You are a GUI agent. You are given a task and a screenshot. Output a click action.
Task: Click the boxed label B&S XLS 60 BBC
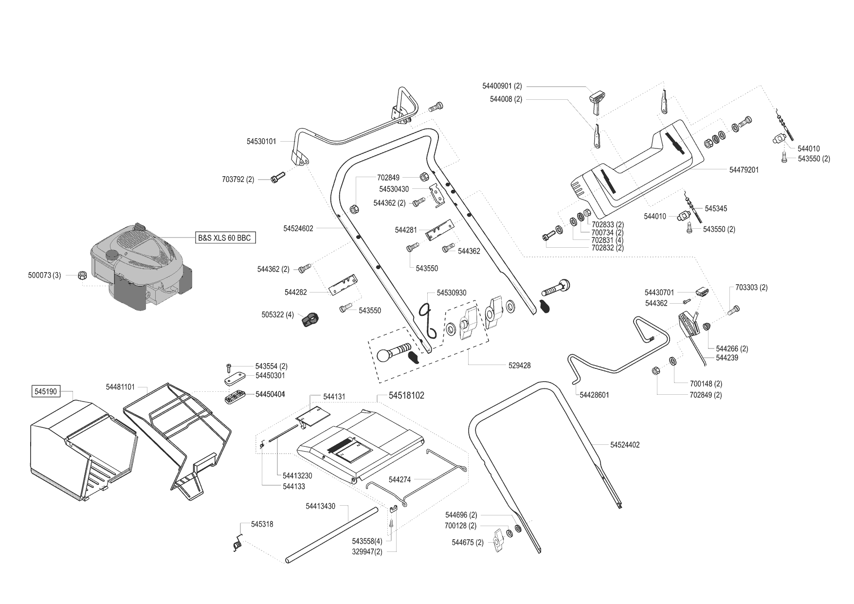[224, 238]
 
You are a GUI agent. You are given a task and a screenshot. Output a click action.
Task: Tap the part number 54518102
[406, 396]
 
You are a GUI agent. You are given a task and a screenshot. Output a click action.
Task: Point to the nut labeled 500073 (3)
[82, 275]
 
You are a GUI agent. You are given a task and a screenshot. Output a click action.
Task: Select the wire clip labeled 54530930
[428, 320]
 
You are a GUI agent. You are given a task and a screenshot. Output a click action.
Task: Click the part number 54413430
[320, 506]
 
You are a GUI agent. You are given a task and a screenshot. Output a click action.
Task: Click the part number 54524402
[625, 445]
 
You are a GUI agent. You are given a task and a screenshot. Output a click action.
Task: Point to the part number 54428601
[594, 395]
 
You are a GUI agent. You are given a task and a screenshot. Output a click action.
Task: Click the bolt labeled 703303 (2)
[734, 310]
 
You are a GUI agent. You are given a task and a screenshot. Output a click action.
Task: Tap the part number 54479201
[744, 170]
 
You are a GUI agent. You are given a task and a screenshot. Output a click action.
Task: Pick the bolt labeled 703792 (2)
[277, 179]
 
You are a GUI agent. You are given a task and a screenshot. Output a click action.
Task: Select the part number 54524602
[298, 228]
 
